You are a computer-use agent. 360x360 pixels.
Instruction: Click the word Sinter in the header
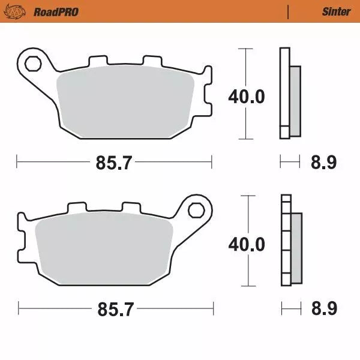pos(336,11)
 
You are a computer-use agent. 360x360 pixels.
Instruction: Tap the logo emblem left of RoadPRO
pos(20,11)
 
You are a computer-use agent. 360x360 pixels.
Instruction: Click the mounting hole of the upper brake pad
pos(32,62)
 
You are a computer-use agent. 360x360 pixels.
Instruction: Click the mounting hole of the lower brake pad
pos(196,210)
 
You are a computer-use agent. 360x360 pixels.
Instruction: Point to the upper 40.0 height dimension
pos(246,96)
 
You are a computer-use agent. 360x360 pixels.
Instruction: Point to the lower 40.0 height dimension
pos(246,244)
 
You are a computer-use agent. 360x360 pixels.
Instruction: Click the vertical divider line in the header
pos(289,11)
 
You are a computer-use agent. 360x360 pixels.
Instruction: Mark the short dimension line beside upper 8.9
pos(290,161)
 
